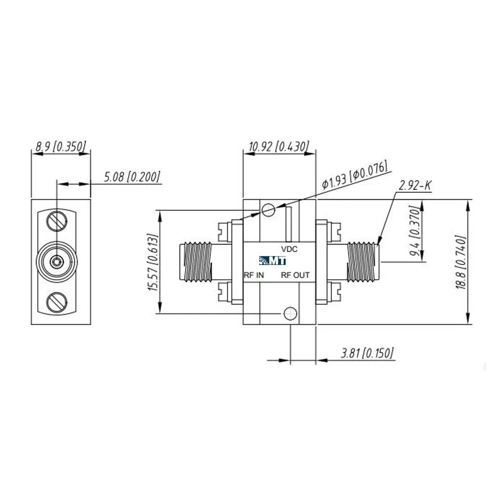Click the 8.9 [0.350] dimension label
[61, 146]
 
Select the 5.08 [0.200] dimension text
[132, 177]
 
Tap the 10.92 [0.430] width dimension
[279, 146]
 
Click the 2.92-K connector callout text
[415, 185]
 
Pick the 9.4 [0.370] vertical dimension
[414, 231]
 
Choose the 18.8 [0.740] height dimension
[460, 262]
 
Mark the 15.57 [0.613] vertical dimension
[153, 263]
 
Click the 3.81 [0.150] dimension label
[367, 353]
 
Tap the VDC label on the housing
[289, 249]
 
